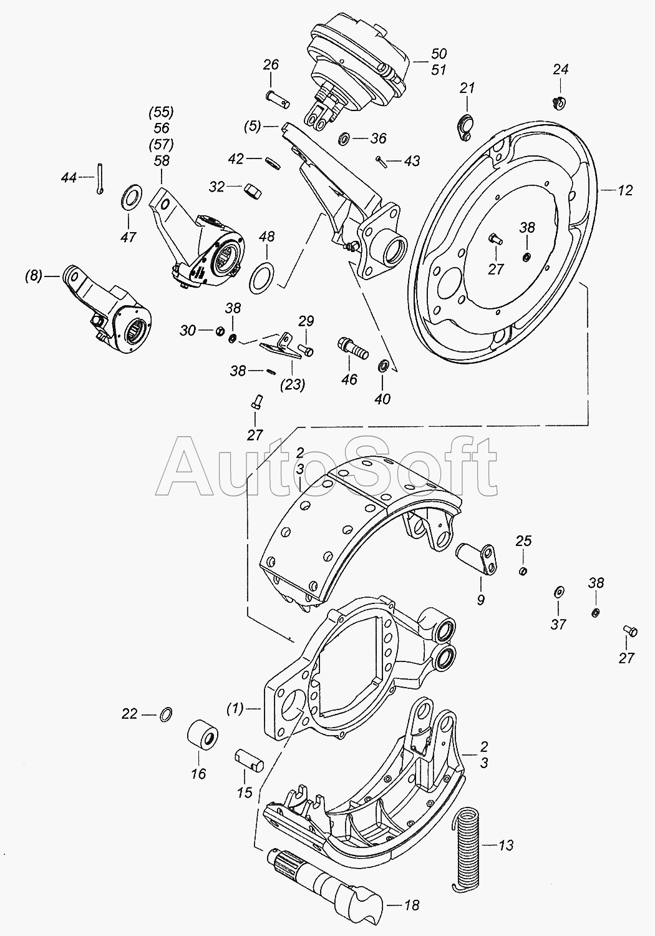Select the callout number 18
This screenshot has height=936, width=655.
click(x=411, y=905)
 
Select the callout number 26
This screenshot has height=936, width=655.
click(x=271, y=65)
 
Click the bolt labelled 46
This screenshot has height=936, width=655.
click(x=352, y=348)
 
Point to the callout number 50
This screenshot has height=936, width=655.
click(x=439, y=54)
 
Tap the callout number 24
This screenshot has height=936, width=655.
click(x=561, y=69)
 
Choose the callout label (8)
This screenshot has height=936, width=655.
click(x=34, y=276)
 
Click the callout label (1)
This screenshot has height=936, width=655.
click(x=235, y=708)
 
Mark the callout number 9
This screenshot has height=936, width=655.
click(x=481, y=600)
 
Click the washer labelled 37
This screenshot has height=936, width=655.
click(x=558, y=592)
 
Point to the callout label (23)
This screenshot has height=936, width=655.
click(x=293, y=384)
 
